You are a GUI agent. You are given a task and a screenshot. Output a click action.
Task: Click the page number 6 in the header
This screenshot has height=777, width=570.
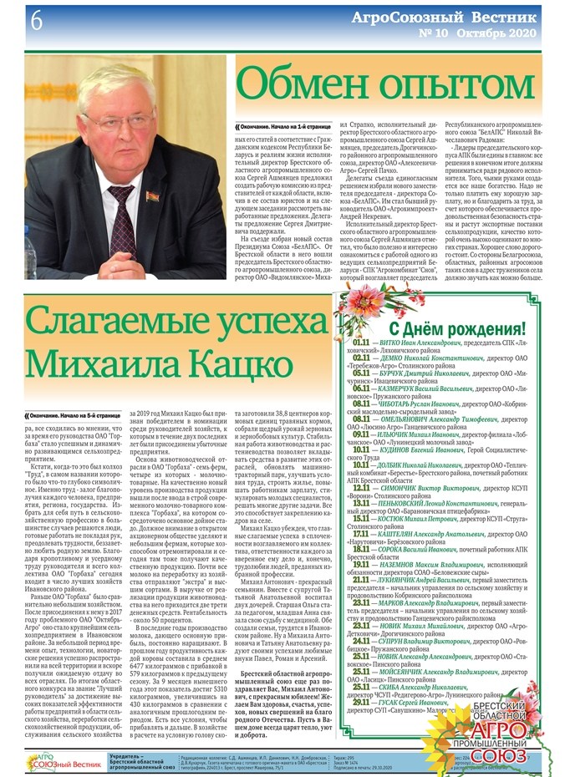(14, 21)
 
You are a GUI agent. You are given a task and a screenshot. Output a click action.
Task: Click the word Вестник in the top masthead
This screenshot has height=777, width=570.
(511, 16)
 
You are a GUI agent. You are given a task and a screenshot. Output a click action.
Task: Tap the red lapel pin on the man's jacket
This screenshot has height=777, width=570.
(151, 197)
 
